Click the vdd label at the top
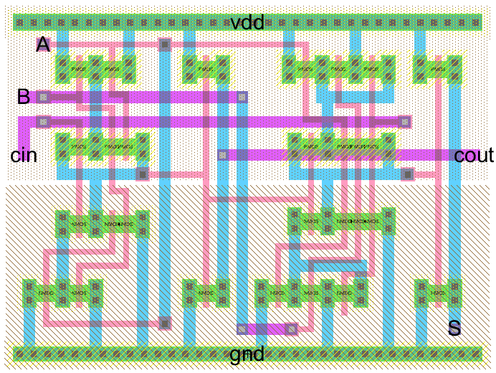point(247,23)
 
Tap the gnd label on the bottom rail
point(247,354)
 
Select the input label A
point(43,45)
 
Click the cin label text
point(23,155)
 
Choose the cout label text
point(474,155)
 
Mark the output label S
point(454,329)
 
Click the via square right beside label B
point(43,97)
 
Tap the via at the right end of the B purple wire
point(242,97)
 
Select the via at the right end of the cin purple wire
point(406,121)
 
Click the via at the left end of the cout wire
point(222,154)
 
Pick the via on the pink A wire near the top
point(164,45)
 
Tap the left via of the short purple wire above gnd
point(242,329)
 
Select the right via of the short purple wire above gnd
point(291,329)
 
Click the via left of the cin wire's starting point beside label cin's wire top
point(43,121)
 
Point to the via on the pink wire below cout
point(407,174)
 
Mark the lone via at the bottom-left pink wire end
point(164,323)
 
